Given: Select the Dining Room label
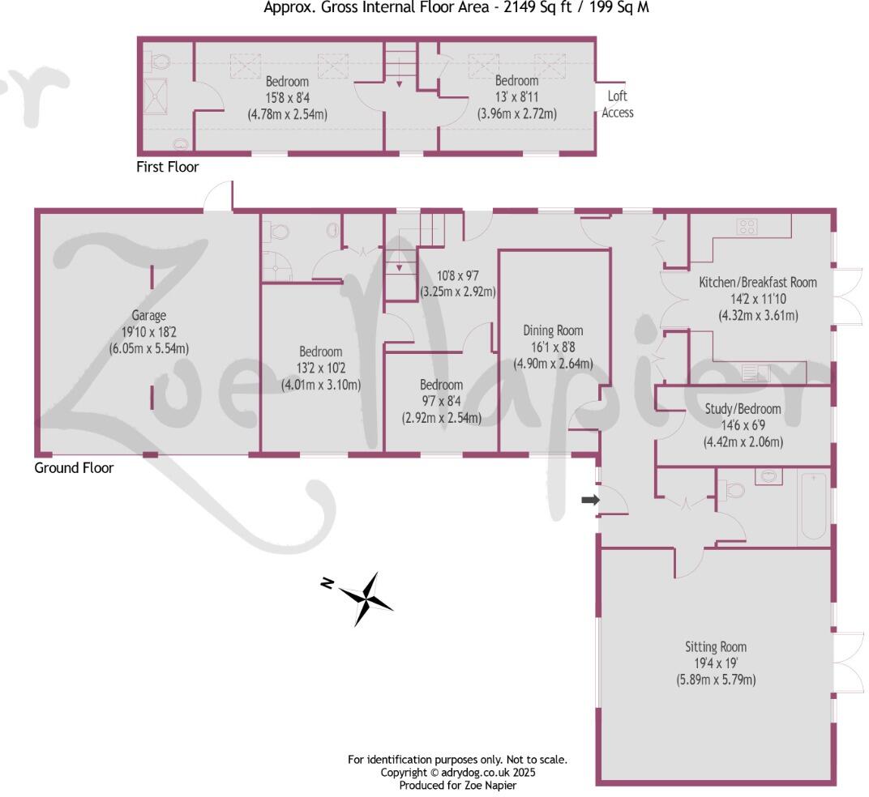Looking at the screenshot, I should point(553,330).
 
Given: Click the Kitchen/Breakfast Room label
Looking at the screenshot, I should point(758,283).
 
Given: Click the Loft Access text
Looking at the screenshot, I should point(618,104).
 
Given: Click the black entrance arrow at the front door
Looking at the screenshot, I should point(590,501).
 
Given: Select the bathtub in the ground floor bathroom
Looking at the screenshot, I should point(812,508).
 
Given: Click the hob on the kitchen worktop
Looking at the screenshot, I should point(747,228).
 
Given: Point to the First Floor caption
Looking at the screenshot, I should point(168,167).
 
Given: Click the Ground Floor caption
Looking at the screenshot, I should point(74,468).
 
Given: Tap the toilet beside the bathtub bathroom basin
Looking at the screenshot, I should point(735,490).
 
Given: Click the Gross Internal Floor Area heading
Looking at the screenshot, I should point(456,8).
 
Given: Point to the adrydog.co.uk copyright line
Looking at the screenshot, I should point(458,773).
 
